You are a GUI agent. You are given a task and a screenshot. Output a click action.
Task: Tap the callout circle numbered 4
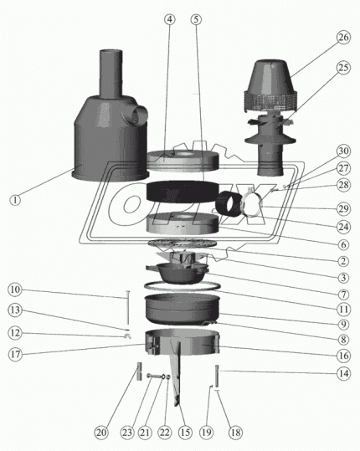pos(170,18)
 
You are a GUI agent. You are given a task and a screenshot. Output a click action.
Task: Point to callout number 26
pos(343,37)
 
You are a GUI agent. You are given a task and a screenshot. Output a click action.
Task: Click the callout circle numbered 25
pos(343,90)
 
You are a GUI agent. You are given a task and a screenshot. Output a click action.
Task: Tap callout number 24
pos(343,225)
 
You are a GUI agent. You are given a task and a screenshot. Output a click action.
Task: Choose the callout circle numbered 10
pos(15,290)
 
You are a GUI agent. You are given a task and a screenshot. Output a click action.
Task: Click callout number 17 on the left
pos(15,353)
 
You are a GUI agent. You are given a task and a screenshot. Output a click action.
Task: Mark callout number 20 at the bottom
pos(100,433)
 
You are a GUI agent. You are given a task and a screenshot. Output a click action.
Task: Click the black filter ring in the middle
pos(183,192)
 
